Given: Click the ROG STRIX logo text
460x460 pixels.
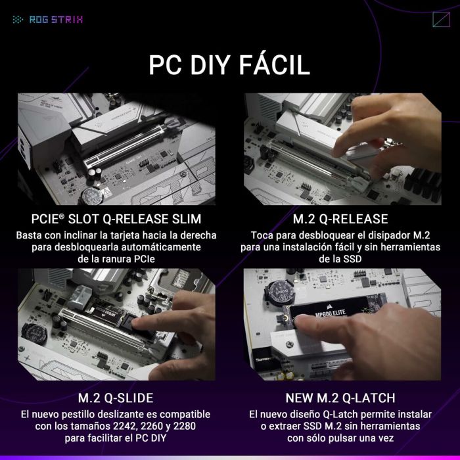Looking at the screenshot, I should coord(56,19).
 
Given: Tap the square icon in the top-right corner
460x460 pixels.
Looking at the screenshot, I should coord(441,19).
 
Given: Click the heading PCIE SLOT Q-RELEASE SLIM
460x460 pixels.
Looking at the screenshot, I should coord(116,219).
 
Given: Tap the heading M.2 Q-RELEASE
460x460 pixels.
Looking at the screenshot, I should coord(340,219).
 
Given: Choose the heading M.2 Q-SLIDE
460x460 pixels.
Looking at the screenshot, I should coord(116,398).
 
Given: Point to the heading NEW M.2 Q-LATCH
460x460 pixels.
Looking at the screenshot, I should coord(340,398).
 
